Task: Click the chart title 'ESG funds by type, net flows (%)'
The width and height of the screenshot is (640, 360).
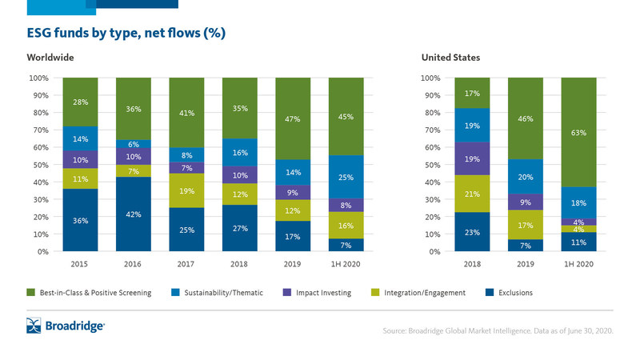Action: (x=126, y=33)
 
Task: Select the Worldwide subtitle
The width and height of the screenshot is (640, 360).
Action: (x=51, y=58)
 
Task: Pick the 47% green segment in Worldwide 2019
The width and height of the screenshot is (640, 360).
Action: (x=293, y=118)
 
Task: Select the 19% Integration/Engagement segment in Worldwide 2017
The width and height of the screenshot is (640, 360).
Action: (x=187, y=191)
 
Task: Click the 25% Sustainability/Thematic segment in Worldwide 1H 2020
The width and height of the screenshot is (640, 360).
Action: (x=346, y=177)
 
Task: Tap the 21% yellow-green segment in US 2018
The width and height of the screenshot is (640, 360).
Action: (x=471, y=194)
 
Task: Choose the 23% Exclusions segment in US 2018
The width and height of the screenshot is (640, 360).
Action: (x=471, y=232)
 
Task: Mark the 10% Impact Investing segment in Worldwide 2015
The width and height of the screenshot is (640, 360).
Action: (x=80, y=159)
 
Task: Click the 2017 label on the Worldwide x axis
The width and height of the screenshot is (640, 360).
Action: (x=187, y=263)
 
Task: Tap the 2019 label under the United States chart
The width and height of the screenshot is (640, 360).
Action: (x=525, y=263)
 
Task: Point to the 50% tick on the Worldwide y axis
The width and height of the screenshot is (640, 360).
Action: (x=39, y=165)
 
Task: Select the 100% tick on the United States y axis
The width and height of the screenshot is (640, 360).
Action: (x=431, y=78)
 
